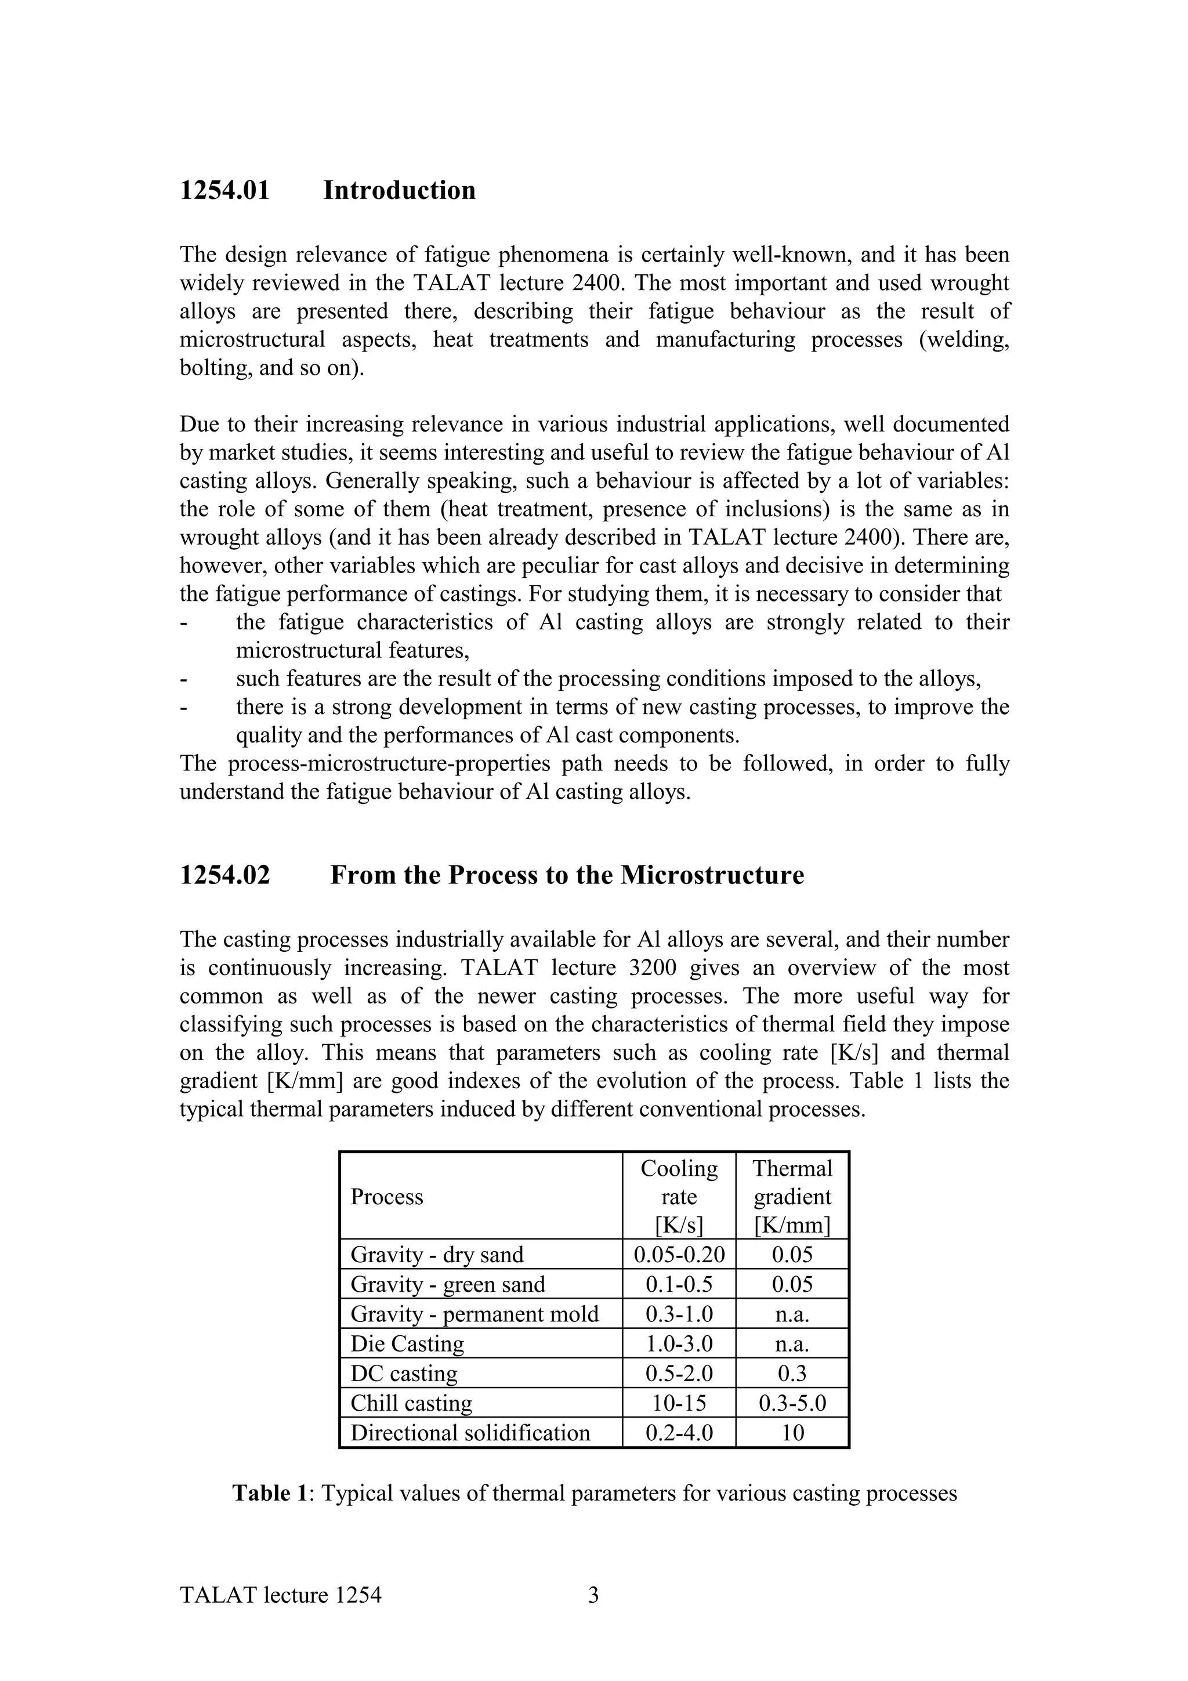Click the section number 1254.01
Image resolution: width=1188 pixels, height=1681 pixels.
(x=224, y=190)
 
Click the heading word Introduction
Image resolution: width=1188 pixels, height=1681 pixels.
(x=399, y=190)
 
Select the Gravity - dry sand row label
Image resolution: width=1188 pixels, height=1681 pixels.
(x=437, y=1255)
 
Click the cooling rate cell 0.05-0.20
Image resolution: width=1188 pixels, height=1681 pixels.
(x=679, y=1255)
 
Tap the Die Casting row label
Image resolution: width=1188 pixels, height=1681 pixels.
(x=407, y=1344)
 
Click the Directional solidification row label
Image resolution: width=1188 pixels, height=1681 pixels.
(x=470, y=1433)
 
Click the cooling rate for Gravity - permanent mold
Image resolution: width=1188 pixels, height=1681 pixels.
(x=679, y=1314)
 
